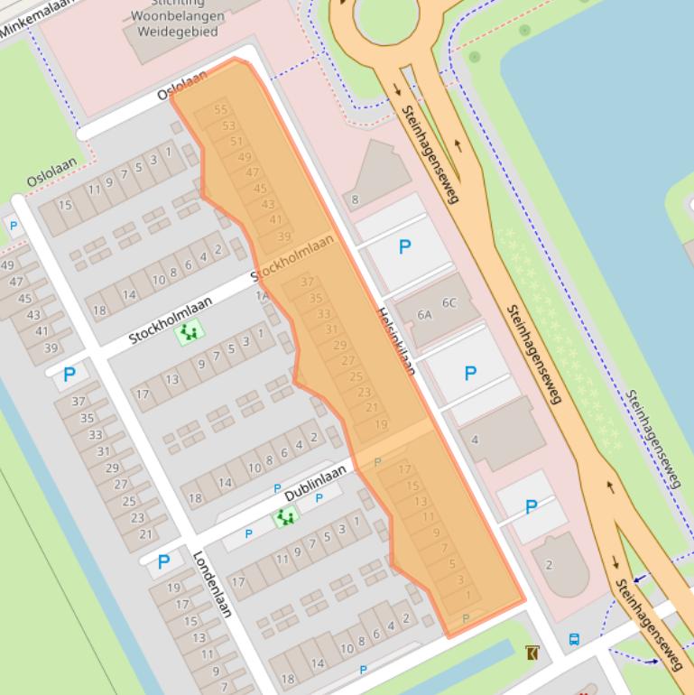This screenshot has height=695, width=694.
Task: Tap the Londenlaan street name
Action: pyautogui.click(x=212, y=584)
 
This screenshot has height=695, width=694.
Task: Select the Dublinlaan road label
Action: pyautogui.click(x=316, y=484)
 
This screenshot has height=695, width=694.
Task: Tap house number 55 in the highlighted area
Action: pyautogui.click(x=221, y=110)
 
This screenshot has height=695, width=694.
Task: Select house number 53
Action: pyautogui.click(x=228, y=126)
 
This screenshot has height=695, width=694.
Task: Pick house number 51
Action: pyautogui.click(x=236, y=141)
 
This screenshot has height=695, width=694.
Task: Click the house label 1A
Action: pyautogui.click(x=262, y=295)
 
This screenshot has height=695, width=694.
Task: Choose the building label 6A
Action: pyautogui.click(x=424, y=315)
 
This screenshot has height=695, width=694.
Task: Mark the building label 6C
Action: pyautogui.click(x=449, y=303)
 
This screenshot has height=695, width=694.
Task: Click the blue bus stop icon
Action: pyautogui.click(x=574, y=640)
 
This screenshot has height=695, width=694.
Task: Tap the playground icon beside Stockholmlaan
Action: pyautogui.click(x=189, y=333)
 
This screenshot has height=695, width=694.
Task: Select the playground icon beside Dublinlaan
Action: pyautogui.click(x=286, y=516)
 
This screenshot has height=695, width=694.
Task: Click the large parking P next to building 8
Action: pyautogui.click(x=404, y=246)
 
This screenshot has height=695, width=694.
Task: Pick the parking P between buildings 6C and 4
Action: pyautogui.click(x=470, y=373)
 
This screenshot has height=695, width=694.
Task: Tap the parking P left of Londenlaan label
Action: pyautogui.click(x=163, y=562)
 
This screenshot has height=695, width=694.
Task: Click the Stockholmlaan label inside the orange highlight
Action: pyautogui.click(x=292, y=257)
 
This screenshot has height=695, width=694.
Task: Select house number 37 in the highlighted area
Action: pyautogui.click(x=308, y=283)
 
